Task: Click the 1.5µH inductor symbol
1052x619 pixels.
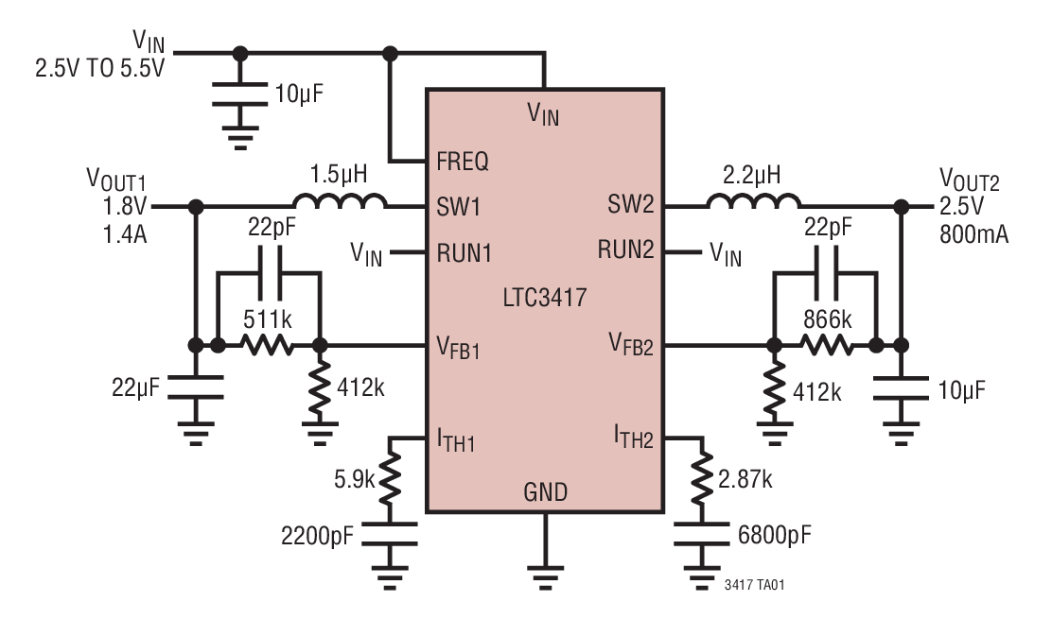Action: (x=340, y=201)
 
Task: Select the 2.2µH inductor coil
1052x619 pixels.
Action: (x=753, y=201)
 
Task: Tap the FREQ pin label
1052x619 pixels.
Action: (x=463, y=162)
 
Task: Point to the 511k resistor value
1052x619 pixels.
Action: (x=268, y=317)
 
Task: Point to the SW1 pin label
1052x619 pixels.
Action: (x=460, y=206)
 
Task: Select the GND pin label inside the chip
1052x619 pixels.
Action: (x=545, y=492)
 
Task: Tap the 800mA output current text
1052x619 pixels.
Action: (x=973, y=234)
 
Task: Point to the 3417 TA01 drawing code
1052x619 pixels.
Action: (x=753, y=585)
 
